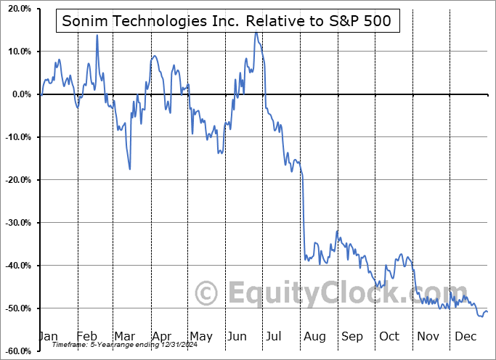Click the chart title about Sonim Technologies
point(227,21)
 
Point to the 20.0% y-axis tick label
point(17,9)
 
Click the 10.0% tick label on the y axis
point(17,52)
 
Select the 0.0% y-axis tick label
point(19,94)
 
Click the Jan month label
point(47,336)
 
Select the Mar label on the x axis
point(124,336)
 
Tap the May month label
point(200,336)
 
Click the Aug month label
point(314,336)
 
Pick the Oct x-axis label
point(390,336)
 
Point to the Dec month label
point(465,336)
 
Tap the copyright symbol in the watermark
point(208,293)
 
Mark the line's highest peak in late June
point(256,33)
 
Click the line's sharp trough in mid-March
point(130,169)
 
